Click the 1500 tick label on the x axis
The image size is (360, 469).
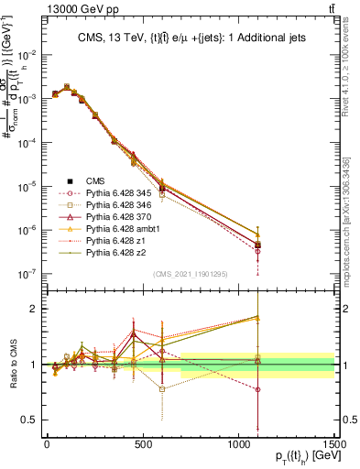point(334,444)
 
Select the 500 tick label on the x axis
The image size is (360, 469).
point(143,444)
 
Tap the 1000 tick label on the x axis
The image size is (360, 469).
point(238,444)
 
